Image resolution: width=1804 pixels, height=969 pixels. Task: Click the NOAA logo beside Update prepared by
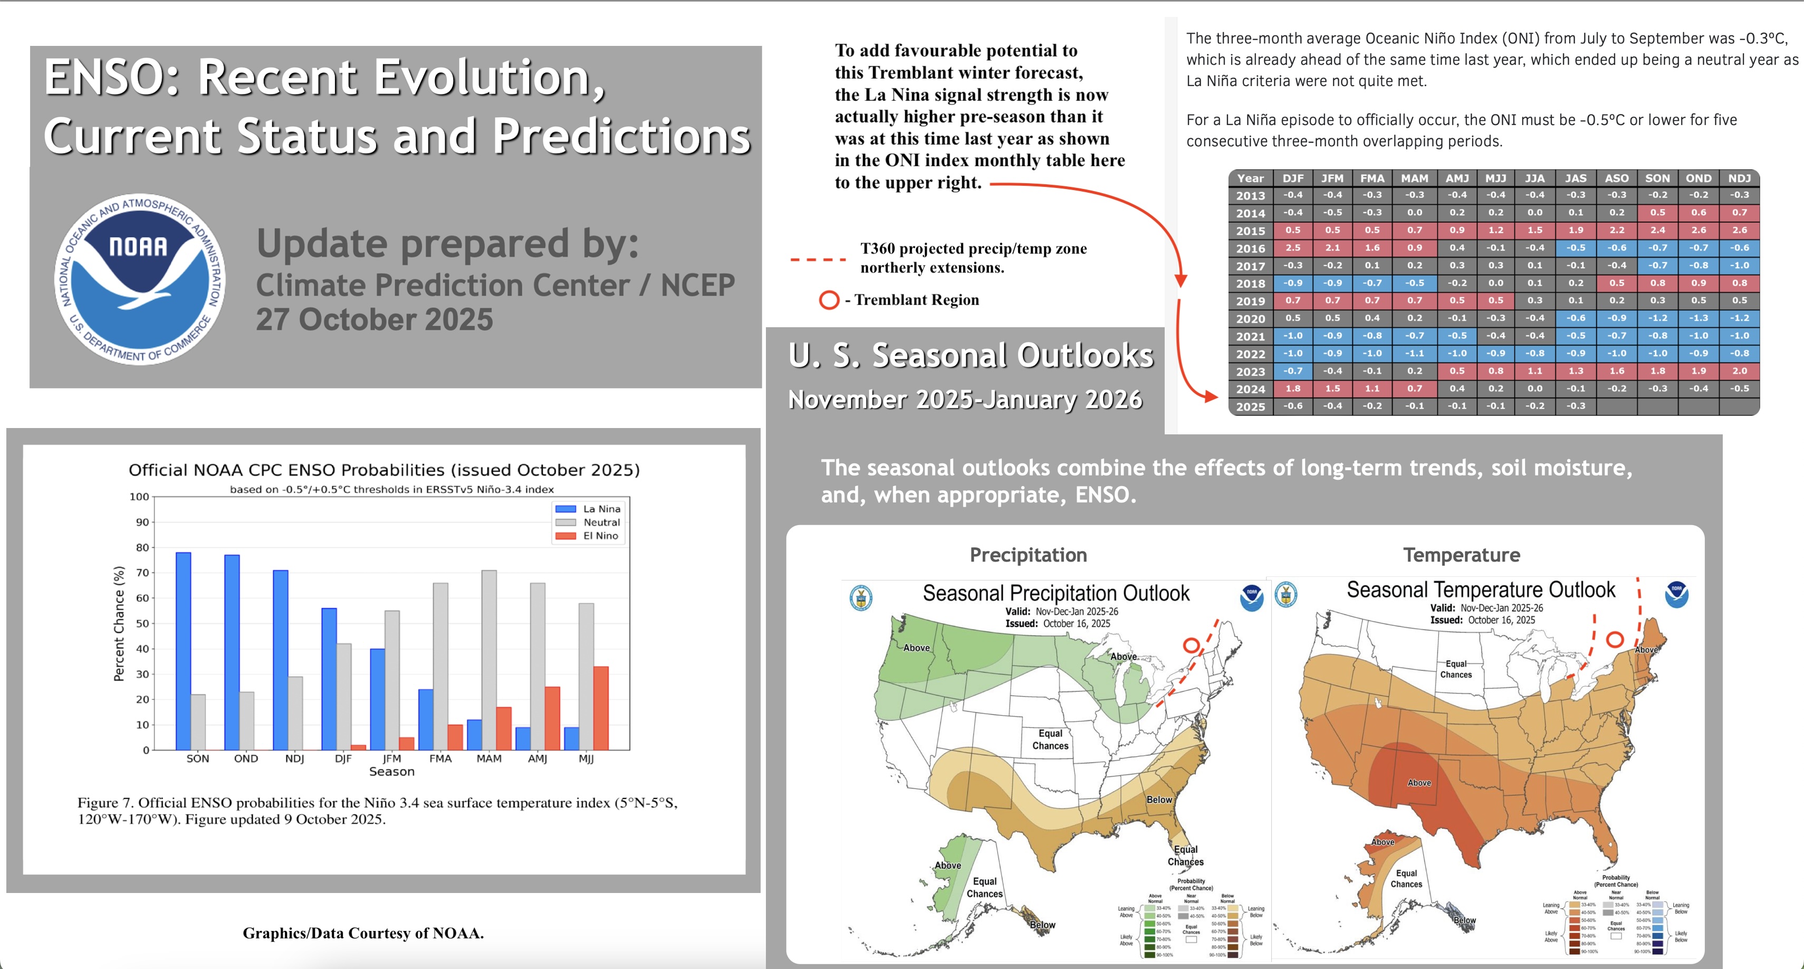[x=140, y=279]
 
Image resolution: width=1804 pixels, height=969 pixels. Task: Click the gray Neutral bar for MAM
[x=489, y=659]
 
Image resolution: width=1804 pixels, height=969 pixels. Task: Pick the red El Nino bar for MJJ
[x=601, y=708]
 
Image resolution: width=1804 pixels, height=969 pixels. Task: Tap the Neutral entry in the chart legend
[x=601, y=522]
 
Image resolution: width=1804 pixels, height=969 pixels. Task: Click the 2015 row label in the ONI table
[x=1250, y=231]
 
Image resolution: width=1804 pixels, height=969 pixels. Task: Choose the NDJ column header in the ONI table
[x=1739, y=178]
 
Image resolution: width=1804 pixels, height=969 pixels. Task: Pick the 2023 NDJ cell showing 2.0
[x=1739, y=370]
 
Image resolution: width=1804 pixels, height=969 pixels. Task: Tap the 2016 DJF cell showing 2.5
[x=1293, y=248]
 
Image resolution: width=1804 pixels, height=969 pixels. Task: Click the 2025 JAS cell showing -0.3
[x=1576, y=406]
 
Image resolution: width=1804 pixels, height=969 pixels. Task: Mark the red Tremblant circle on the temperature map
[x=1615, y=639]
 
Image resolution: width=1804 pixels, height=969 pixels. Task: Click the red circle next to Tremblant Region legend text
[x=829, y=300]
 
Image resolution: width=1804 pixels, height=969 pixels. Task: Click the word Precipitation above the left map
[x=1028, y=555]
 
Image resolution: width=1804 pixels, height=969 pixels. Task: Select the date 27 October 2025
[x=374, y=319]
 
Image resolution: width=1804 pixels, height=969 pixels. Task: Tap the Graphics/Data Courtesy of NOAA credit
[x=363, y=933]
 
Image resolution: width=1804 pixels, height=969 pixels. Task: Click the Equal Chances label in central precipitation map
[x=1050, y=739]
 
